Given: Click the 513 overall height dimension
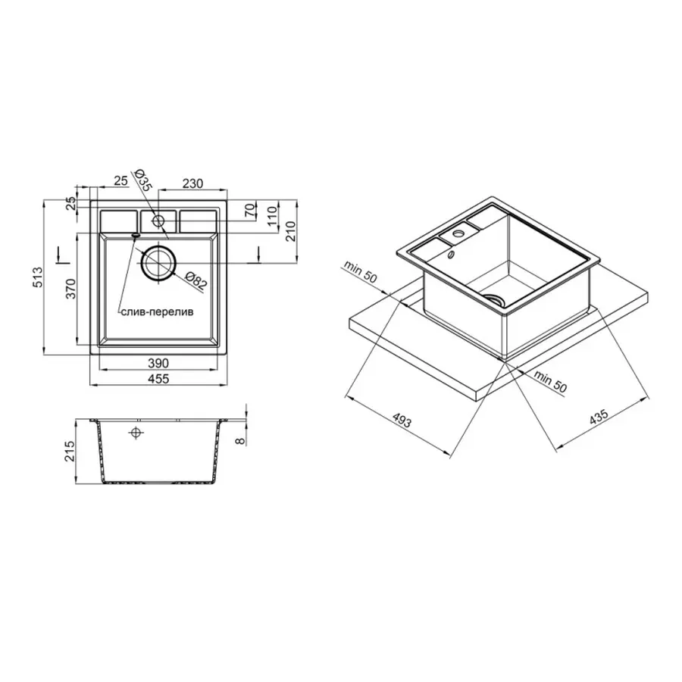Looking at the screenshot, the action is point(39,277).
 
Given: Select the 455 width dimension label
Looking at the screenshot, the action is point(158,379).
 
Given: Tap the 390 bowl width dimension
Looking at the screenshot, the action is point(158,363).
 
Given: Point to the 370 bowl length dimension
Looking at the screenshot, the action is point(70,288).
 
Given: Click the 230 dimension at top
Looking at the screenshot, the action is point(192,183).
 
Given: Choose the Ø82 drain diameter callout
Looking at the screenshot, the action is point(196,281).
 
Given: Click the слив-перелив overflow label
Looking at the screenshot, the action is point(157,312).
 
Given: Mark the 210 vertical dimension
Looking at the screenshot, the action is point(290,230).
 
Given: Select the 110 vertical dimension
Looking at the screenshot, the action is point(272,216).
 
